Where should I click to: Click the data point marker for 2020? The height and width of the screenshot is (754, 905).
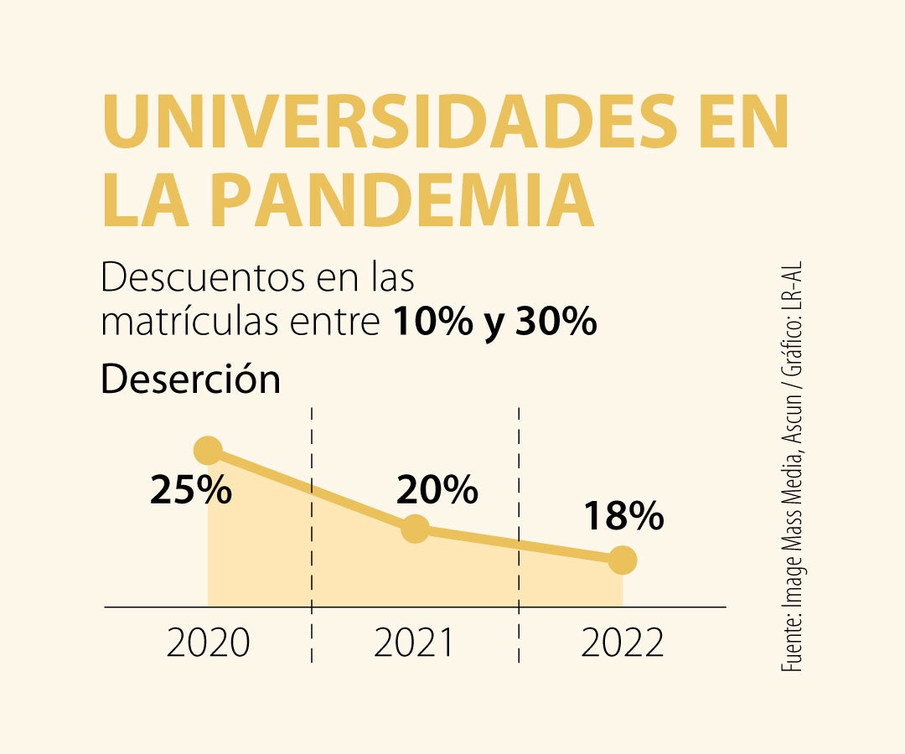pyautogui.click(x=208, y=450)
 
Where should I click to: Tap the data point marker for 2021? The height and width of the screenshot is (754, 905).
pyautogui.click(x=415, y=529)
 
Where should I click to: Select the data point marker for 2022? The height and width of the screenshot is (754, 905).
pyautogui.click(x=622, y=560)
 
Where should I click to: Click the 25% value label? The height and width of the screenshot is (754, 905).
pyautogui.click(x=191, y=491)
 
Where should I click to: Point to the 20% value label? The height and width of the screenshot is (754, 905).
pyautogui.click(x=437, y=490)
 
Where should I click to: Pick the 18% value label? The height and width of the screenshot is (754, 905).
pyautogui.click(x=623, y=517)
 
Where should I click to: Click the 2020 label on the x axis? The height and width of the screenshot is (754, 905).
pyautogui.click(x=208, y=643)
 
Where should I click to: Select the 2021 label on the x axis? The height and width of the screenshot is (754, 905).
pyautogui.click(x=415, y=643)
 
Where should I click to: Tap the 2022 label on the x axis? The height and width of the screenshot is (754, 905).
pyautogui.click(x=622, y=643)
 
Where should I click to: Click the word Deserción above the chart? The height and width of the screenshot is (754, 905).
pyautogui.click(x=190, y=380)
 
